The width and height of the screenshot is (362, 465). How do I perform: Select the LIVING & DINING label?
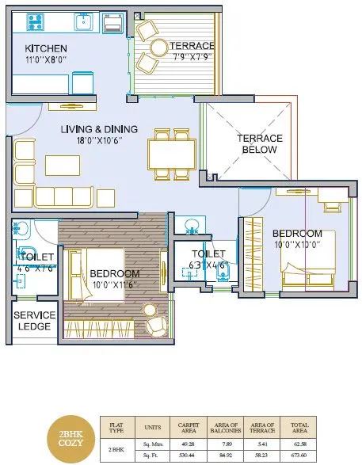100,129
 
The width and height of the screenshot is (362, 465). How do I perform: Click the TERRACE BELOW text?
258,143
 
